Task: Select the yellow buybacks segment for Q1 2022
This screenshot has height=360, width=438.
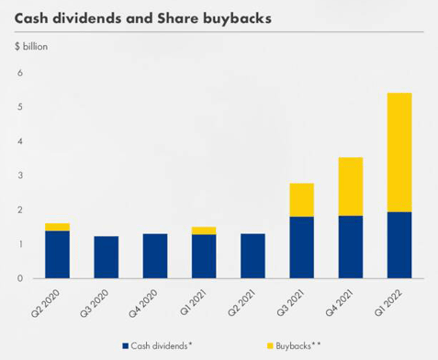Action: coord(399,152)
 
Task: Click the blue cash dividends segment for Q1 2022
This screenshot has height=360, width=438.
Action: coord(399,245)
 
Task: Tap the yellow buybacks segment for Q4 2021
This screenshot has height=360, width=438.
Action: coord(351,186)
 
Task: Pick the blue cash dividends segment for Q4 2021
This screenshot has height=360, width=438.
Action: coord(351,247)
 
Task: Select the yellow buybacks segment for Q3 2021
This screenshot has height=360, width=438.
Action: coord(301,200)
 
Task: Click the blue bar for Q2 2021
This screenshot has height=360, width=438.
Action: coord(253,256)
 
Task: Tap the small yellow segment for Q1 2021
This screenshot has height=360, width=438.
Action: coord(204,231)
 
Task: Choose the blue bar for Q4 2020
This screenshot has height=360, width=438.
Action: coord(155,256)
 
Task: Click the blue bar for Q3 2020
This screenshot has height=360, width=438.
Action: coord(107,257)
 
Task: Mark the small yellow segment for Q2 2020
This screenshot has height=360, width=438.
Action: coord(57,227)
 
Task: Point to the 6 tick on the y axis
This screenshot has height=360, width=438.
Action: coord(19,73)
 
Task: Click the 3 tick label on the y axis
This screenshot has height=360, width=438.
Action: coord(19,175)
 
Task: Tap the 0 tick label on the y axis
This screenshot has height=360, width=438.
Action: coord(19,278)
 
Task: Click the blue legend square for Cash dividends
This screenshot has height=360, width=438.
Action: coord(125,346)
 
